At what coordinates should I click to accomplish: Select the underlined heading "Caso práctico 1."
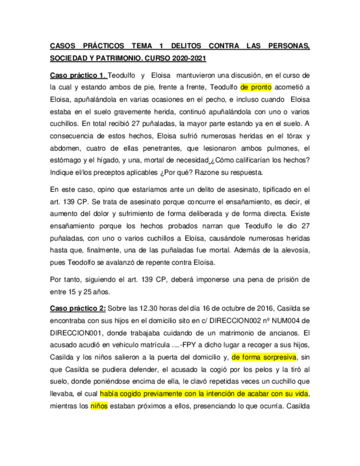[77, 75]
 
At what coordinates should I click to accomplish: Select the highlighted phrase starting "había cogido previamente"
[204, 394]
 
